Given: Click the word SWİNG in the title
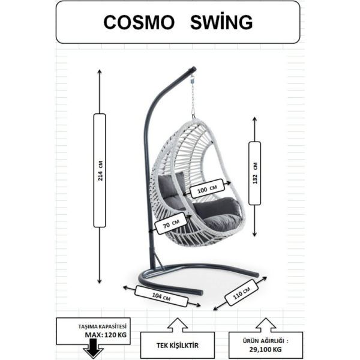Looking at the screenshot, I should tap(221, 22).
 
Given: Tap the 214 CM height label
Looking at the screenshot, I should tap(100, 170).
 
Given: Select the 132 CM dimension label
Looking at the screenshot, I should tap(254, 173).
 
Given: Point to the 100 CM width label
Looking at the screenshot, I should tap(207, 190).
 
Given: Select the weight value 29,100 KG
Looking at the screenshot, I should tap(265, 349).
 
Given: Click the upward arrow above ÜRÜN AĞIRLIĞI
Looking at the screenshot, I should tap(265, 326).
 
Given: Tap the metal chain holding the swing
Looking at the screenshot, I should tap(193, 97).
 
